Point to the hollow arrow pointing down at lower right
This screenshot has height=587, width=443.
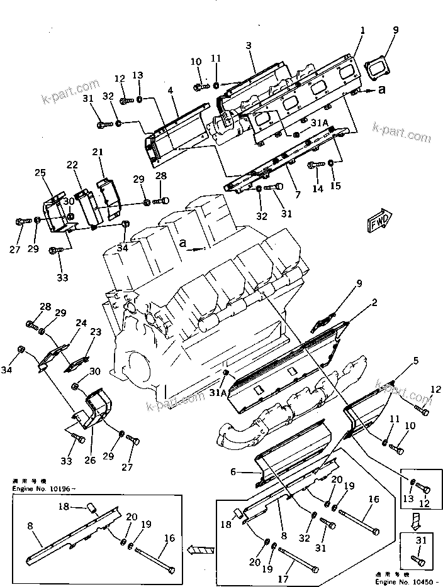[415, 518]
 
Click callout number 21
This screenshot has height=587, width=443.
[98, 152]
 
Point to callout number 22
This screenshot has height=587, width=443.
[73, 164]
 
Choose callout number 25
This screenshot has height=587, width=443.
[40, 173]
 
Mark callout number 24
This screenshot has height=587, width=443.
[81, 323]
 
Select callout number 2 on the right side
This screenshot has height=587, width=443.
[374, 303]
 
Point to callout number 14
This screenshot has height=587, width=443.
[316, 189]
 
